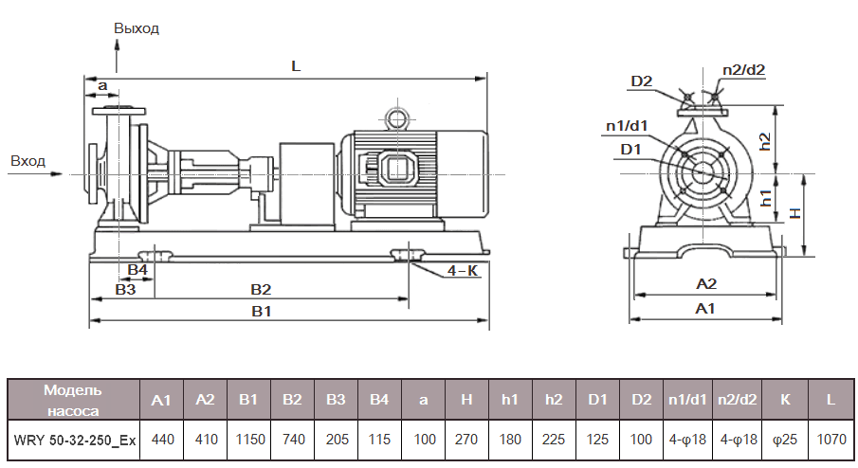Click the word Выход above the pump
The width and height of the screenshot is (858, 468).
click(137, 27)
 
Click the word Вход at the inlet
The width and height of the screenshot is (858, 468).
click(27, 161)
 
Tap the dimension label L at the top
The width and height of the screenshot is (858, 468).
click(296, 66)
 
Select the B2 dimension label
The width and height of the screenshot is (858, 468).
click(261, 289)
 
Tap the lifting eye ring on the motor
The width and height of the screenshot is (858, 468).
click(394, 117)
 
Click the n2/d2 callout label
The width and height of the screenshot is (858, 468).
click(743, 69)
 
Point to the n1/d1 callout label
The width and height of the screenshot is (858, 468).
click(627, 125)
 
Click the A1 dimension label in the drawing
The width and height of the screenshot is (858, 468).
click(705, 309)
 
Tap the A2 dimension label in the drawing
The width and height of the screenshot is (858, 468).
click(705, 283)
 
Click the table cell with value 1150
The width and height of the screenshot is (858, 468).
click(248, 441)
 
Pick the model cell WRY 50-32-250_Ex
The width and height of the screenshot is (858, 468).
click(73, 441)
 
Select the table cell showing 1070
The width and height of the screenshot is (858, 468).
click(831, 441)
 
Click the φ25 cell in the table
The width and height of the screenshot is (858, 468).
click(785, 441)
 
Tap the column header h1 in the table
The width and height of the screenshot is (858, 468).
click(510, 400)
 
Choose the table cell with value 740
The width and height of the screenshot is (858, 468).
click(292, 441)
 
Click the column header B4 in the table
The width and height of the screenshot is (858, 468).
click(379, 400)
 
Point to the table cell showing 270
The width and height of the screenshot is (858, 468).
click(466, 441)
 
